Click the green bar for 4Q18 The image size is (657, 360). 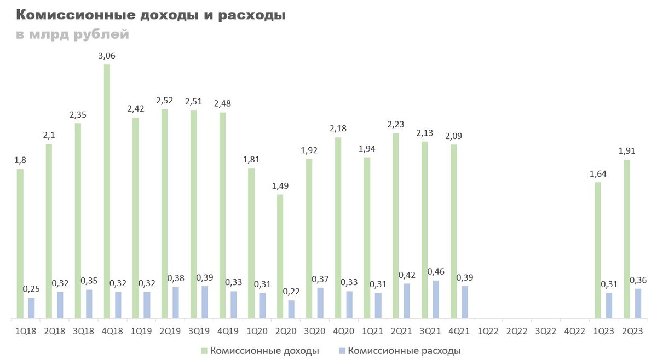coord(107,191)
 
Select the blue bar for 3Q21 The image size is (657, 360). coord(436,299)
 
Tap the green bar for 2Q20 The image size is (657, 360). coord(280,256)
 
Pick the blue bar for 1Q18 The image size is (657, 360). coord(31,307)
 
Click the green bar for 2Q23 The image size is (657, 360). coord(627,239)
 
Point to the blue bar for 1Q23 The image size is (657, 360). coord(609,305)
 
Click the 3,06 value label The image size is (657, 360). coord(107,55)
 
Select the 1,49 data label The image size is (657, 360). coord(280,185)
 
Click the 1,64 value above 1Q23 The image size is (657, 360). coord(598,173)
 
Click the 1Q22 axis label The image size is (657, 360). coord(488,331)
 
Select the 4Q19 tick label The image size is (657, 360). coord(228,331)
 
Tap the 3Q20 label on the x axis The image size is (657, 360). coord(314,331)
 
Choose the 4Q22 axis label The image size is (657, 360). coord(574,331)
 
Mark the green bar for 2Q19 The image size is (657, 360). coord(164,213)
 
